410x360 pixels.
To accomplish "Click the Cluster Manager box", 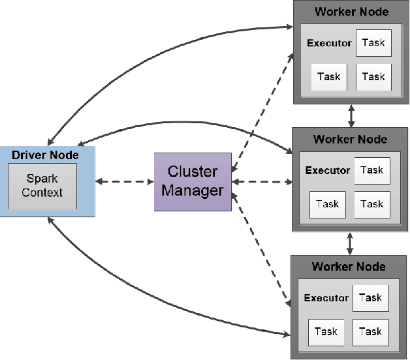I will click(193, 182).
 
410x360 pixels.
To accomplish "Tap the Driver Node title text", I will click(46, 155).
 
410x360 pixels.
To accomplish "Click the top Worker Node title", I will click(351, 12).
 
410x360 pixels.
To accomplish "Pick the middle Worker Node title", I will click(350, 139).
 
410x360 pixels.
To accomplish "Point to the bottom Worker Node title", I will click(349, 266).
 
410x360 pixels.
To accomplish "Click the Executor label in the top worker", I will click(330, 43).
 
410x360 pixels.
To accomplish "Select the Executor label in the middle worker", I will click(328, 170).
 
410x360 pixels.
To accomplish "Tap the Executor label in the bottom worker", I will click(326, 297).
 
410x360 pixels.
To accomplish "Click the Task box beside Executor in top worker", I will click(373, 43).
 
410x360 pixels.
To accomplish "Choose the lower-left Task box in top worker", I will click(329, 76).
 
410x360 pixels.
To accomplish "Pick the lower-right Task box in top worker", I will click(373, 76).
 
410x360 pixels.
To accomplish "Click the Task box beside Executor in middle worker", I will click(372, 170).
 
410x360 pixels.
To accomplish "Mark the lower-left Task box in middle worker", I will click(328, 204).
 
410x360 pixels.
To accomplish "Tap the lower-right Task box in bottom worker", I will click(371, 331).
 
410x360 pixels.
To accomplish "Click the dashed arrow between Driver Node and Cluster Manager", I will click(125, 181).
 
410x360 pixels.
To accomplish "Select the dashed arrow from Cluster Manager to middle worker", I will click(261, 181).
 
